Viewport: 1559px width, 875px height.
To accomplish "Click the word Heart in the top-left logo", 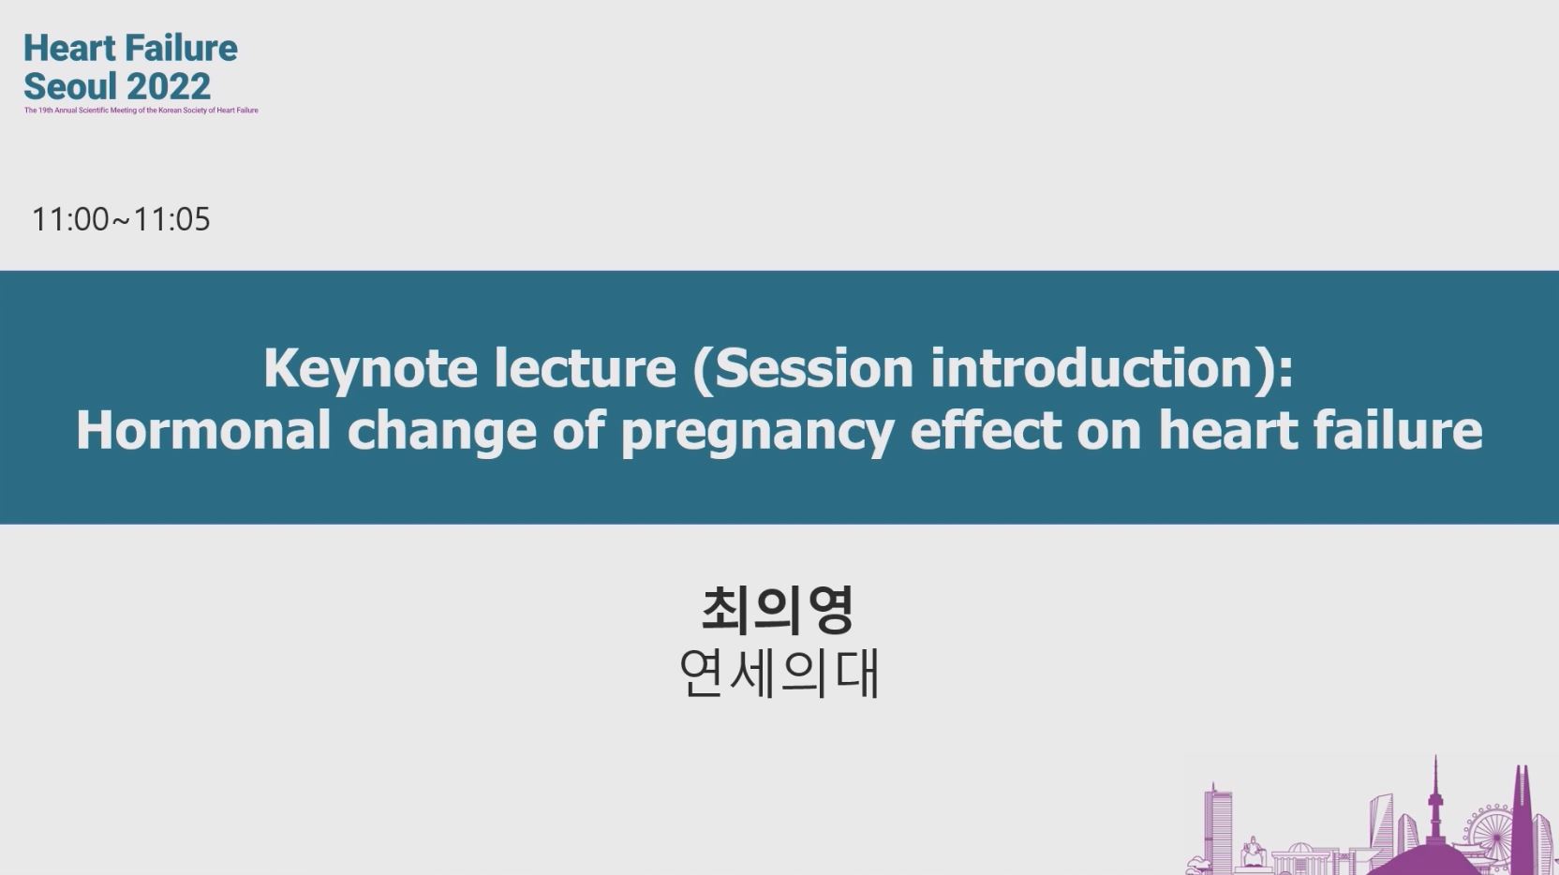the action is click(x=69, y=49).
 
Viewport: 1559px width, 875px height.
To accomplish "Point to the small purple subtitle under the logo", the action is click(x=141, y=110).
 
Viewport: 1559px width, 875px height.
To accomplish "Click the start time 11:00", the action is click(x=70, y=219).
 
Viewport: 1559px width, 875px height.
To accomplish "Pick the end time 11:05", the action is click(x=171, y=219).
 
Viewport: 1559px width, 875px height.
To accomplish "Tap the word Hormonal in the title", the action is click(x=203, y=429).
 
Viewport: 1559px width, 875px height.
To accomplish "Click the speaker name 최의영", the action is click(x=778, y=611).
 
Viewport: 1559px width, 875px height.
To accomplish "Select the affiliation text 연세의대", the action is click(x=779, y=674).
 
